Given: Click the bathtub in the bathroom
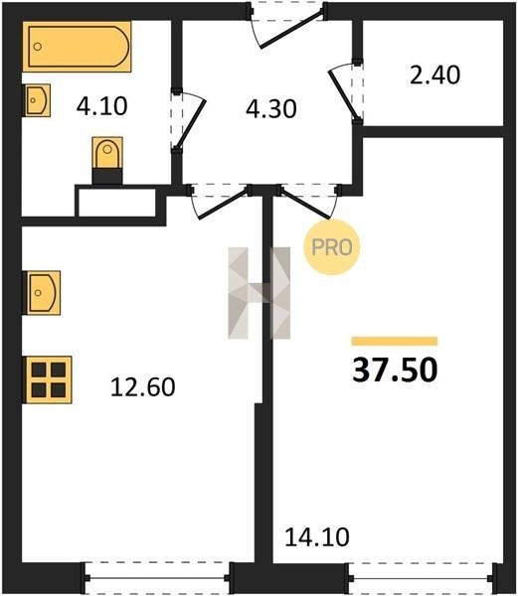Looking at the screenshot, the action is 77,47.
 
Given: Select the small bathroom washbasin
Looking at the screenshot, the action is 37,100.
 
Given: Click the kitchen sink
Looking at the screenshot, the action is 42,293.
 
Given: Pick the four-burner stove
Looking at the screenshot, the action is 48,379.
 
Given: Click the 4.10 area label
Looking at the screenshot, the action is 102,106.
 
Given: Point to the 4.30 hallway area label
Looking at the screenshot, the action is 271,109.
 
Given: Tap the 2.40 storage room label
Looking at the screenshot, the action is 435,74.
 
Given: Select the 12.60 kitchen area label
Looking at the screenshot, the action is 143,387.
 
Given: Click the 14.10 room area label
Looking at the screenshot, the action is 317,537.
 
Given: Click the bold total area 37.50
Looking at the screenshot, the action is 395,370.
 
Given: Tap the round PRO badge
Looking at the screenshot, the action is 332,247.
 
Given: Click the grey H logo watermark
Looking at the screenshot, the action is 259,293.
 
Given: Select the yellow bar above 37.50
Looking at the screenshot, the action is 395,341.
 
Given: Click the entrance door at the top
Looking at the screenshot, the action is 287,25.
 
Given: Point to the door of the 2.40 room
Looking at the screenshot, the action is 345,92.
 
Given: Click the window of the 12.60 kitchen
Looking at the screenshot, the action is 157,578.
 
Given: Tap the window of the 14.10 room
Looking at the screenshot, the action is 423,578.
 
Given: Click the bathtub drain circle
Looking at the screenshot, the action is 37,47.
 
